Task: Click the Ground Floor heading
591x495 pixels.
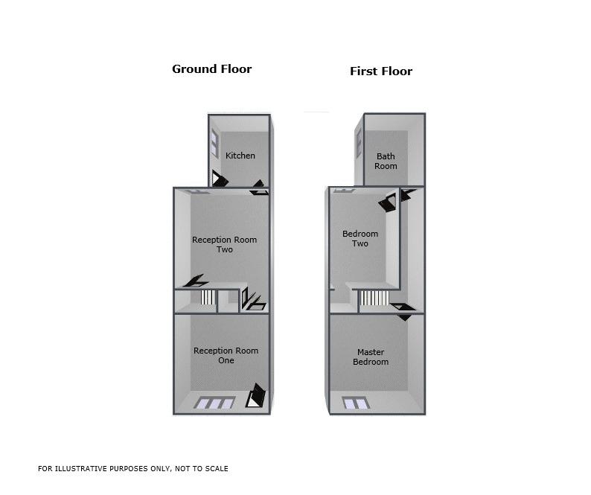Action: pyautogui.click(x=212, y=69)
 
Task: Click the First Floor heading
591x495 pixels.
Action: pyautogui.click(x=381, y=71)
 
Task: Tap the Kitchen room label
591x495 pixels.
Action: pyautogui.click(x=240, y=156)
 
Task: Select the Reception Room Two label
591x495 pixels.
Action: pyautogui.click(x=224, y=244)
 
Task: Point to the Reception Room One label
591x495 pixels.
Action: pyautogui.click(x=226, y=355)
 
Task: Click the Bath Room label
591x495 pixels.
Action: pyautogui.click(x=386, y=161)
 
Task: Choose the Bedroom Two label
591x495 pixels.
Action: pyautogui.click(x=360, y=238)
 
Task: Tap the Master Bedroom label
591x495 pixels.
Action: pyautogui.click(x=371, y=357)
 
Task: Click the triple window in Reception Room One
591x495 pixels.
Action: pyautogui.click(x=214, y=403)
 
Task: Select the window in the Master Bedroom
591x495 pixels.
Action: pyautogui.click(x=356, y=403)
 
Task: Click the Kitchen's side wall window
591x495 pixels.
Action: pyautogui.click(x=214, y=143)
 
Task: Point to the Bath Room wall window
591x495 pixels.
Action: pyautogui.click(x=359, y=143)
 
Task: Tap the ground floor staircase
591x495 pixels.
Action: pyautogui.click(x=208, y=297)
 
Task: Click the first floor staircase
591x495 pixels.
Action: pyautogui.click(x=374, y=298)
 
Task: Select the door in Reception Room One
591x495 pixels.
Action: pyautogui.click(x=256, y=395)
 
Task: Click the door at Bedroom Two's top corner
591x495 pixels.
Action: pyautogui.click(x=389, y=202)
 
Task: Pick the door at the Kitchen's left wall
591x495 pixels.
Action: pyautogui.click(x=220, y=179)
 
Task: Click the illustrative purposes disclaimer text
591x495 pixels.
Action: pyautogui.click(x=133, y=469)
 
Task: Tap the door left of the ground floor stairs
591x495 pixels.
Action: pyautogui.click(x=196, y=281)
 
